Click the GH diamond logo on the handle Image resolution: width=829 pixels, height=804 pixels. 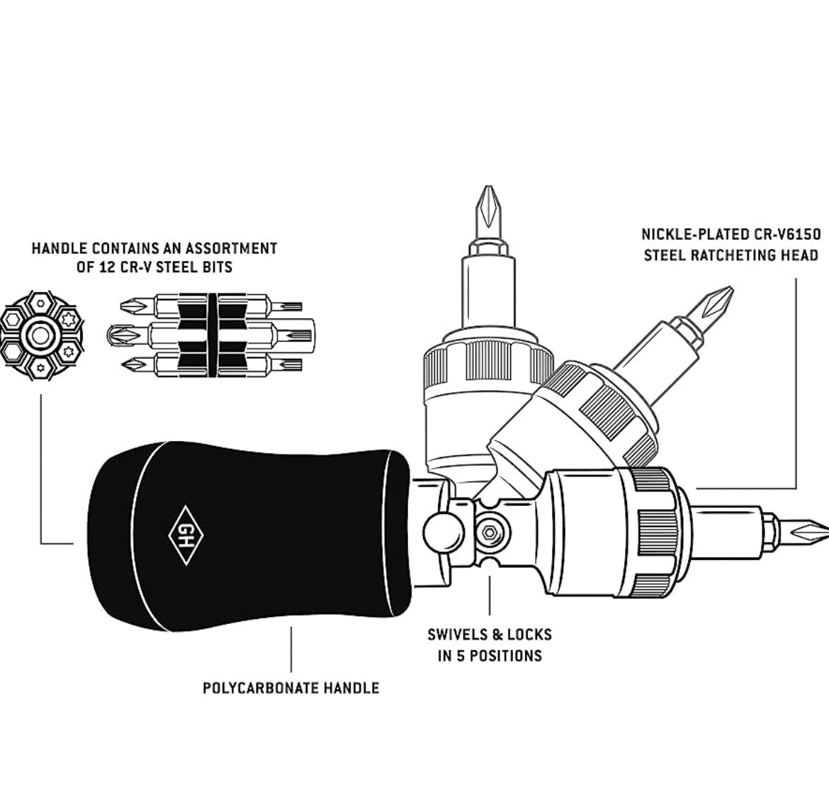[x=184, y=535]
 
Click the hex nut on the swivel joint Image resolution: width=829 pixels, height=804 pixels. [x=488, y=528]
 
